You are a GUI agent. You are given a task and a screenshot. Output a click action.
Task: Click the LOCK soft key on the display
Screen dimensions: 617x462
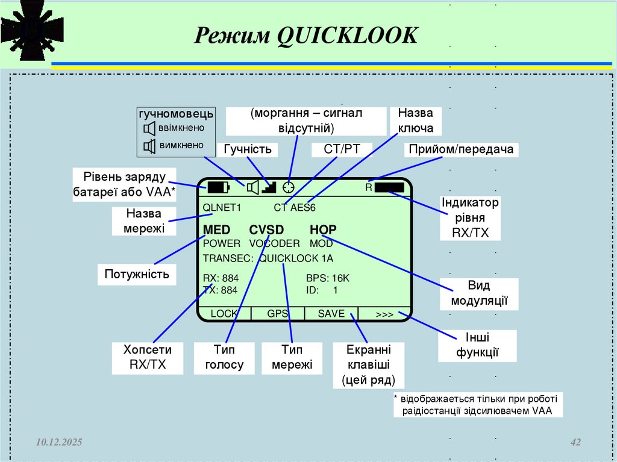coord(224,314)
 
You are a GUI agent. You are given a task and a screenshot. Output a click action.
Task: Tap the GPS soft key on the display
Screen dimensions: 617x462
coord(278,314)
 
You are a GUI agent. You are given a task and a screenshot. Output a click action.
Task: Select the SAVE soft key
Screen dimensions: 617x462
coord(331,314)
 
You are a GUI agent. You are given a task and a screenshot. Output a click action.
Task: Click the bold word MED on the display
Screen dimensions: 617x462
coord(217,229)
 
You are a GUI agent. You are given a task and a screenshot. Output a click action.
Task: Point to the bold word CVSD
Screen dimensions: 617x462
coord(266,229)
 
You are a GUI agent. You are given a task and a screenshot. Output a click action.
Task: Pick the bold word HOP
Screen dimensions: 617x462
coord(323,229)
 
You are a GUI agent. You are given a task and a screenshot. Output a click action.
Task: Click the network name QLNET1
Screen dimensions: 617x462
coord(222,208)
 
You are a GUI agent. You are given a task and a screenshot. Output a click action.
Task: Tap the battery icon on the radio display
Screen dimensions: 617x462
coord(219,187)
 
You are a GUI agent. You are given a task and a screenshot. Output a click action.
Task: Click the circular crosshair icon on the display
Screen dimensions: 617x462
coord(290,187)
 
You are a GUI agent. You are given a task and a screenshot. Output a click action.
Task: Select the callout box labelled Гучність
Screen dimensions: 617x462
coord(248,149)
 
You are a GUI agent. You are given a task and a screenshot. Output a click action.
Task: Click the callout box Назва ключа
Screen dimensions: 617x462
coord(416,120)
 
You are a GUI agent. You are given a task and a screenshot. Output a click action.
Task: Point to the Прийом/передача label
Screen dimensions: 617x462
coord(461,149)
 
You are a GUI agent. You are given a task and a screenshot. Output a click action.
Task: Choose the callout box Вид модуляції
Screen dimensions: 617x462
coord(479,293)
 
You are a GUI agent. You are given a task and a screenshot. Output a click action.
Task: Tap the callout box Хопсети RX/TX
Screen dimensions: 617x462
coord(148,357)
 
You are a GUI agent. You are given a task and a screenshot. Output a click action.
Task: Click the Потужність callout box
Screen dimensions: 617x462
coord(137,274)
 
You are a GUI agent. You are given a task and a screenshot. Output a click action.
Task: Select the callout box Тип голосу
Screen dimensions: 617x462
coord(224,357)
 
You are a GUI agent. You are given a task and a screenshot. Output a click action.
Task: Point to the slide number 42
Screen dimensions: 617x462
coord(575,443)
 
